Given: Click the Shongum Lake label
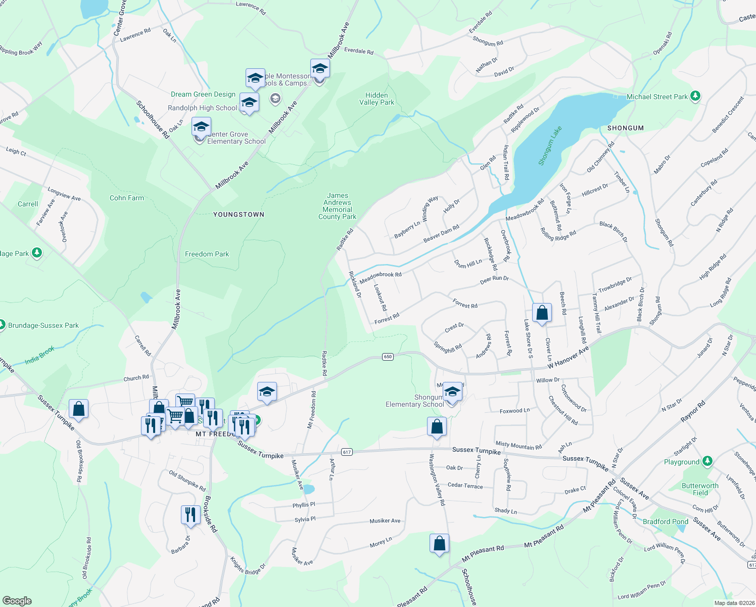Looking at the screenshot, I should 550,146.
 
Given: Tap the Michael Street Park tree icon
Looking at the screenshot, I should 695,96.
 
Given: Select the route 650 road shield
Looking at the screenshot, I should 388,357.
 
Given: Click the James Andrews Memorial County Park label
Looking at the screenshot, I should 337,206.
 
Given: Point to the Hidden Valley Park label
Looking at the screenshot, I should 376,99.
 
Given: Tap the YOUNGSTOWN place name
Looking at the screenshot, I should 239,214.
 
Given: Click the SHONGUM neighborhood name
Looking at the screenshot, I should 625,128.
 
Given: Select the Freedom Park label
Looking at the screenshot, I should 207,254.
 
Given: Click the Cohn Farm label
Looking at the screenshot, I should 127,198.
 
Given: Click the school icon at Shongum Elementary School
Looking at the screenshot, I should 452,392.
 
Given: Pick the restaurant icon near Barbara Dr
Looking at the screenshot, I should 190,515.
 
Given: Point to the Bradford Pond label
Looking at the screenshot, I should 665,522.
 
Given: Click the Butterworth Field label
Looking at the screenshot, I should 700,489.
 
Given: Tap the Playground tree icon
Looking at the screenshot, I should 707,461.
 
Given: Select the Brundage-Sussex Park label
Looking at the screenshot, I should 43,325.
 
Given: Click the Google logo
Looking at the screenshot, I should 17,600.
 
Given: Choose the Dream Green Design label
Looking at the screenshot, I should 203,94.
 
